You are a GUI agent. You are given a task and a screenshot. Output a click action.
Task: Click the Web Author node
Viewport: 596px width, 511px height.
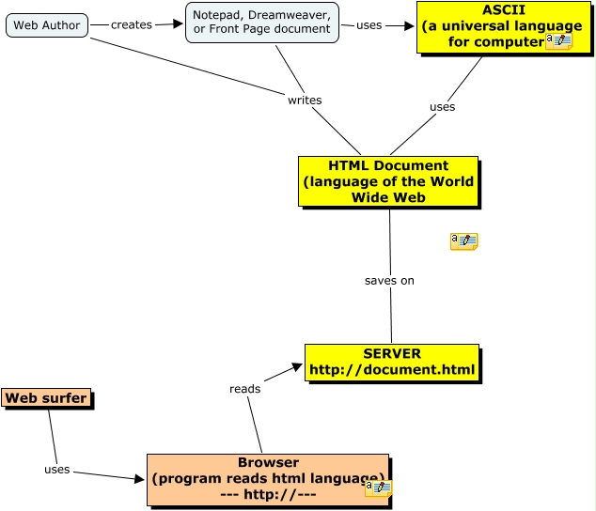[x=47, y=25]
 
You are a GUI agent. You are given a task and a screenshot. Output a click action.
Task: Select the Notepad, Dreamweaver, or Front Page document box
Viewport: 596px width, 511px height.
[x=261, y=23]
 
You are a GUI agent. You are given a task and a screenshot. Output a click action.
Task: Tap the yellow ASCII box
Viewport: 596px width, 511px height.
[x=490, y=26]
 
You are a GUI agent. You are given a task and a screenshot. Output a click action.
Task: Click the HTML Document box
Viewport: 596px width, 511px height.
[x=388, y=181]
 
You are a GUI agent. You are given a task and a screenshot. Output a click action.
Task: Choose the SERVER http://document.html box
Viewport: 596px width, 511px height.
[x=392, y=363]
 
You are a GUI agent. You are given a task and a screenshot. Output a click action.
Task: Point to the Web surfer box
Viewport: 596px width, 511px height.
[x=46, y=398]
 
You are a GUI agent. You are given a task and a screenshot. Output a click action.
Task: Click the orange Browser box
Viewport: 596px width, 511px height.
[x=268, y=479]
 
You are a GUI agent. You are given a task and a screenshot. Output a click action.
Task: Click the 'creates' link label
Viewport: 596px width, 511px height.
[x=131, y=25]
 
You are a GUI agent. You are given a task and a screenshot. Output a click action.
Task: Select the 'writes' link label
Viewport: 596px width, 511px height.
[x=305, y=101]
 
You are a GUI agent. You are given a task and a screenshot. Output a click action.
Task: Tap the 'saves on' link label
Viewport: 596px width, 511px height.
[x=389, y=281]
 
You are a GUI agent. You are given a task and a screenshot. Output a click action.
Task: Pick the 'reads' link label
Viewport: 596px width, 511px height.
[x=244, y=389]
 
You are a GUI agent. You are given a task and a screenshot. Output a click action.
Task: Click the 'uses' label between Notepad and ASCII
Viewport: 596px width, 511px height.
[x=369, y=25]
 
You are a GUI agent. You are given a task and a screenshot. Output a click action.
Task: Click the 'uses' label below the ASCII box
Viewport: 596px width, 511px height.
[x=442, y=107]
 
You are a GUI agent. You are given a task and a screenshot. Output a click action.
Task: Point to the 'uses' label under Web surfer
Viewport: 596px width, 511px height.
[x=56, y=470]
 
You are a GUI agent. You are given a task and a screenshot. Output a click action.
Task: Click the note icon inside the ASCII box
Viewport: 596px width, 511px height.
[x=558, y=41]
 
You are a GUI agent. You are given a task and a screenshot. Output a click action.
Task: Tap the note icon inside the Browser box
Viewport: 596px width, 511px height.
[x=378, y=488]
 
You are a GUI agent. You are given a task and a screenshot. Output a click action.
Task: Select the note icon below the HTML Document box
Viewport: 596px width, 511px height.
[x=463, y=241]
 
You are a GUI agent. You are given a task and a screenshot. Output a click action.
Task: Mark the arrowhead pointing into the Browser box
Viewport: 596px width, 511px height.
[x=139, y=479]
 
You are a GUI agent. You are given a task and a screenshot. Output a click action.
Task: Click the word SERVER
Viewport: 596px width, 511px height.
[x=392, y=354]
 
